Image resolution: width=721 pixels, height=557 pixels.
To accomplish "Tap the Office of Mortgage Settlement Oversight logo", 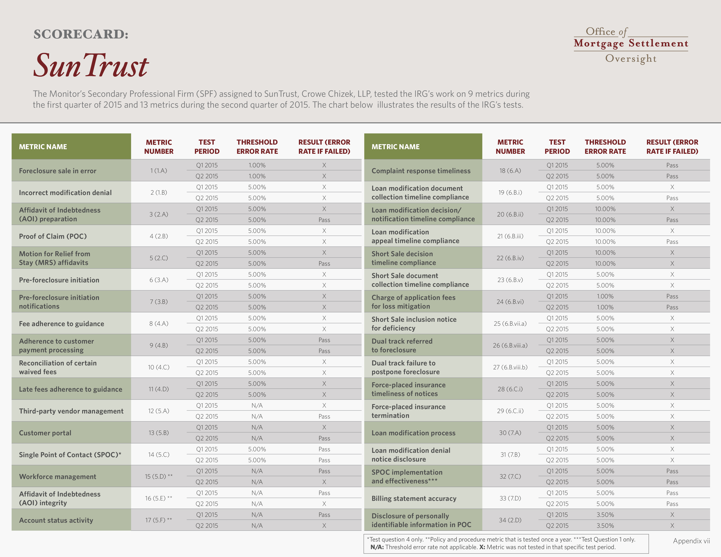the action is coord(631,45).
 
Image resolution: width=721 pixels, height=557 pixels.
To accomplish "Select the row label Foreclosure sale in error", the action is coord(57,171).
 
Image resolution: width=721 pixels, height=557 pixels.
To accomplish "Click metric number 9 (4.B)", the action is coord(159,345).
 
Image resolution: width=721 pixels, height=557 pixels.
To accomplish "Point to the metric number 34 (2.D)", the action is coord(510,520).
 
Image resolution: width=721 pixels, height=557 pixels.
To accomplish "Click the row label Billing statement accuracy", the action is coord(414,498).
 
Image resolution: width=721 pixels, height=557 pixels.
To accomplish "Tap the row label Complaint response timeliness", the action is coord(421,171).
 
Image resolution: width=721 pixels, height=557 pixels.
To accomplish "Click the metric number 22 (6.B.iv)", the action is coord(510,258).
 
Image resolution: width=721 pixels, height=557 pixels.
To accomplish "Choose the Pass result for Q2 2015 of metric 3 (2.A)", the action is coord(324,220).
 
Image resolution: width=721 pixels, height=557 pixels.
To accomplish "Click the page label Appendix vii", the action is coord(691,541).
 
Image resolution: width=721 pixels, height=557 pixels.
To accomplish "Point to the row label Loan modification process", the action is coord(413,432).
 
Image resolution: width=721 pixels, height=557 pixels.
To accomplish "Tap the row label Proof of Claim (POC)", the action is coord(53,236).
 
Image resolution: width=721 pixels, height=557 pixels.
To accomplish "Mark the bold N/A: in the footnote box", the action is coord(377,547).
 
